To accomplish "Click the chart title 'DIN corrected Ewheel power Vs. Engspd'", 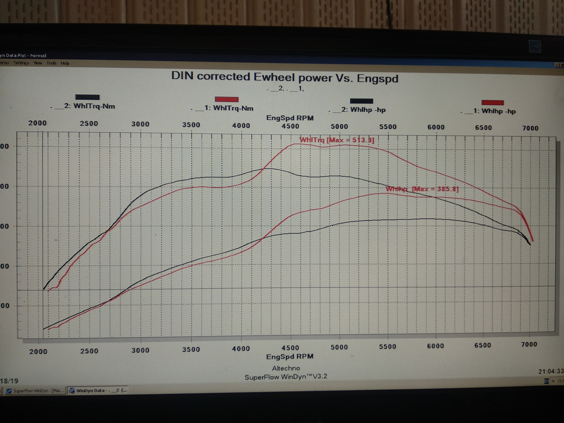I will pyautogui.click(x=284, y=77).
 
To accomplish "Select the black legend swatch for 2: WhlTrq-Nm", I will pyautogui.click(x=87, y=97).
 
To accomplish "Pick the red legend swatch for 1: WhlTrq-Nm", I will pyautogui.click(x=226, y=99).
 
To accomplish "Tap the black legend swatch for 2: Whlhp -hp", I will pyautogui.click(x=361, y=101).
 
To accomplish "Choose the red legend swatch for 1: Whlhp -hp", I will pyautogui.click(x=492, y=103).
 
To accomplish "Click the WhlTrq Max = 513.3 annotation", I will pyautogui.click(x=337, y=140).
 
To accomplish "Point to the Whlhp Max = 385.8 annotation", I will pyautogui.click(x=422, y=189).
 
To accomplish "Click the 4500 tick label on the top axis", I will pyautogui.click(x=290, y=126).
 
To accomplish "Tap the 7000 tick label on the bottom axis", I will pyautogui.click(x=529, y=345).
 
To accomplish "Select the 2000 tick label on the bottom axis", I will pyautogui.click(x=38, y=352).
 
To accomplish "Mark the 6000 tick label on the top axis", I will pyautogui.click(x=436, y=127).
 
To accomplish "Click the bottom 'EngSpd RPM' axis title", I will pyautogui.click(x=290, y=357).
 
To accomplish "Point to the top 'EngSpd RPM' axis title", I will pyautogui.click(x=290, y=118).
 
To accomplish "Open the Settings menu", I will pyautogui.click(x=21, y=63).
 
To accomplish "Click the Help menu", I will pyautogui.click(x=65, y=63).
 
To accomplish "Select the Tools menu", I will pyautogui.click(x=51, y=63).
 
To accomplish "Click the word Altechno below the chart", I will pyautogui.click(x=286, y=368).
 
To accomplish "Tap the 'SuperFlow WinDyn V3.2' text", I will pyautogui.click(x=286, y=377).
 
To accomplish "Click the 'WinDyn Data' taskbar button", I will pyautogui.click(x=98, y=391).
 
